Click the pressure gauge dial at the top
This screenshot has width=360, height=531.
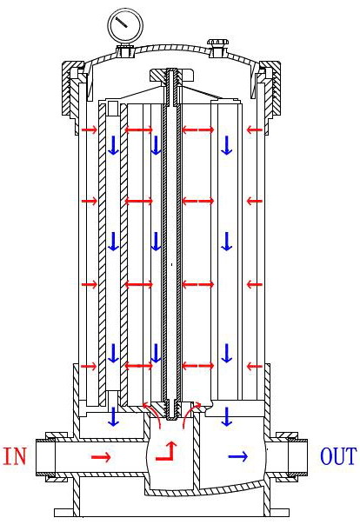click(x=125, y=24)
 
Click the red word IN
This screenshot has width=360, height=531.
click(x=15, y=455)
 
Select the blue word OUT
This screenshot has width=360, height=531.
click(x=338, y=456)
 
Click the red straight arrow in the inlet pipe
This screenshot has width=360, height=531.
click(x=101, y=457)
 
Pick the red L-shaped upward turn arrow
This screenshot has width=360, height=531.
click(x=167, y=451)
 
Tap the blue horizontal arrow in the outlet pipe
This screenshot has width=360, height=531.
click(x=238, y=457)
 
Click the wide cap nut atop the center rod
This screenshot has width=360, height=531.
click(x=172, y=76)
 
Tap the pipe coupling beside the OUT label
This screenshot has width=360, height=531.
click(x=291, y=457)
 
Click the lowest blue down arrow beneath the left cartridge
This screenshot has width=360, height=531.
click(x=114, y=416)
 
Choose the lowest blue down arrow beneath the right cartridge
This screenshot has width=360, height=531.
click(x=226, y=416)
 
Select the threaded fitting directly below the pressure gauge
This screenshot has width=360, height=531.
click(x=125, y=52)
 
